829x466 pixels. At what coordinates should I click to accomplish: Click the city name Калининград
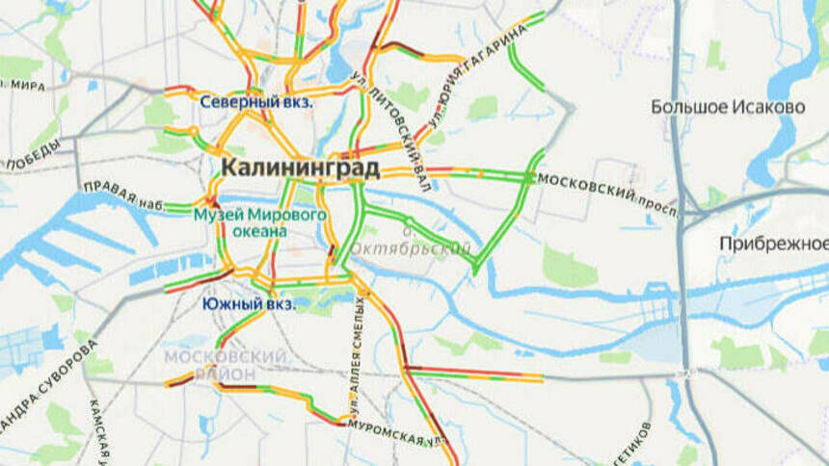[x=301, y=168]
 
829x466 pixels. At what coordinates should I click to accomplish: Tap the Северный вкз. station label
[x=256, y=102]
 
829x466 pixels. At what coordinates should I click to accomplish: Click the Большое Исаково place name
[x=728, y=107]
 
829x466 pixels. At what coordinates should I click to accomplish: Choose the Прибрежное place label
[x=773, y=244]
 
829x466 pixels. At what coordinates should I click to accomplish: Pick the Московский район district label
[x=225, y=364]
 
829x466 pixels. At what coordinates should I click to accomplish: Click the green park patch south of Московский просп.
[x=569, y=268]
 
